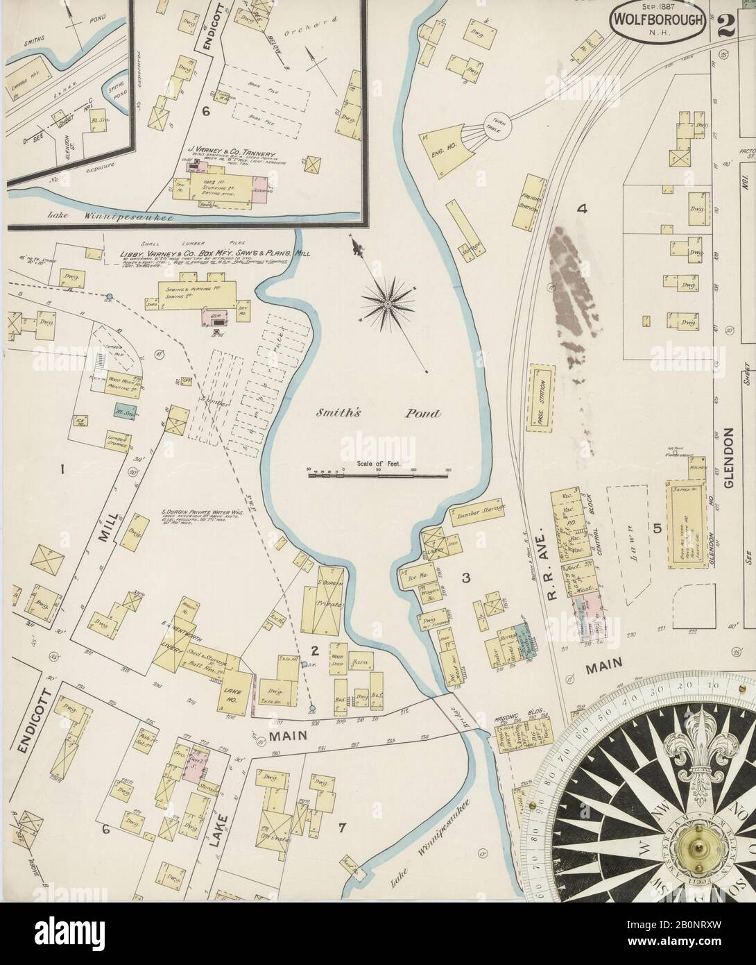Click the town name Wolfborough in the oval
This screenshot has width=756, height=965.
tap(659, 21)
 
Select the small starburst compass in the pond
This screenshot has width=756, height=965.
tap(386, 303)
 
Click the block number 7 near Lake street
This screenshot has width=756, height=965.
tap(341, 827)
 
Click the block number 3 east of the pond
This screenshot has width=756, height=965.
tap(467, 577)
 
